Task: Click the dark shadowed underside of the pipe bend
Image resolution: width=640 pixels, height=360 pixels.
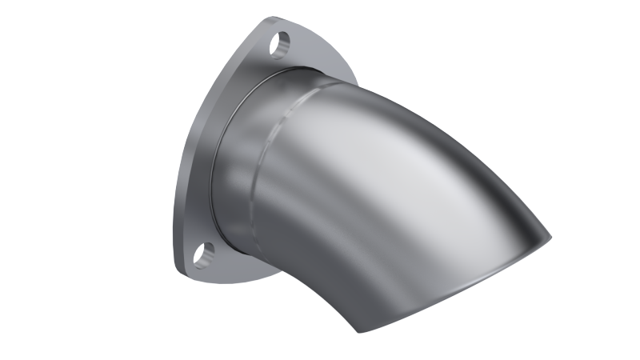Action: pyautogui.click(x=320, y=280)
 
